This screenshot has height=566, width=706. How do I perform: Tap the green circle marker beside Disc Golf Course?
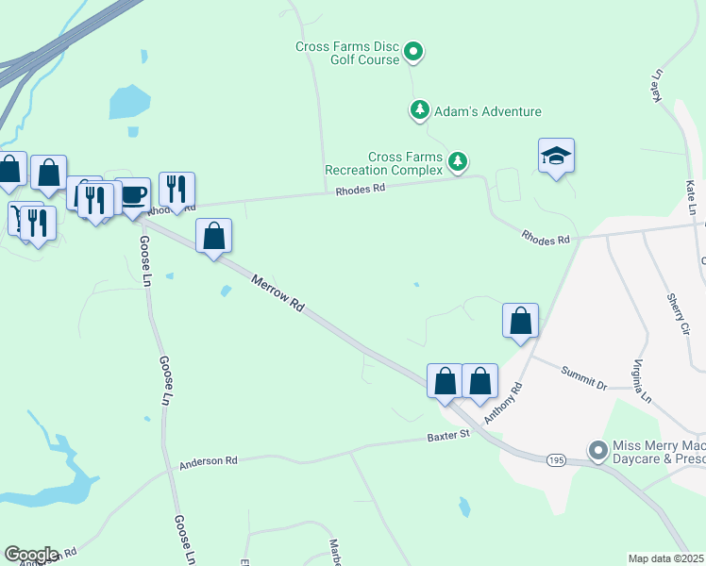coord(414,51)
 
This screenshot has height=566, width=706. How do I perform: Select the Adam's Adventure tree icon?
coord(419,109)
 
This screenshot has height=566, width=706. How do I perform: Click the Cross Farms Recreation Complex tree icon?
coord(458,161)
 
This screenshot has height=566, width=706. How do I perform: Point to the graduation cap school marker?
coord(557,156)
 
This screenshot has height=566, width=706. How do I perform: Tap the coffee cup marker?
coord(133,194)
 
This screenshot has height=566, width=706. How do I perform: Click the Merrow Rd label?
coord(278,292)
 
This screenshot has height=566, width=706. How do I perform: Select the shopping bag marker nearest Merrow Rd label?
coord(214,236)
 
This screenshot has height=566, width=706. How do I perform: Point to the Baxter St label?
coord(448,437)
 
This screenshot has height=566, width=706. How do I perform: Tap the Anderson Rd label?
coord(208,461)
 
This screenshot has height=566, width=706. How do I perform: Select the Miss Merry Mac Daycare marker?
coord(597,451)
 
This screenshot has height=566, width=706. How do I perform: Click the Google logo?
coord(30,555)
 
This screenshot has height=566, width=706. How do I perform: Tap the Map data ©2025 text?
coord(666,558)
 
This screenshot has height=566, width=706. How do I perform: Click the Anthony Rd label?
coord(502,402)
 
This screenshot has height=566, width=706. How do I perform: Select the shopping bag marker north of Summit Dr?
coord(520,321)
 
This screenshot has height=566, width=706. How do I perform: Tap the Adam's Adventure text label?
coord(487,111)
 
